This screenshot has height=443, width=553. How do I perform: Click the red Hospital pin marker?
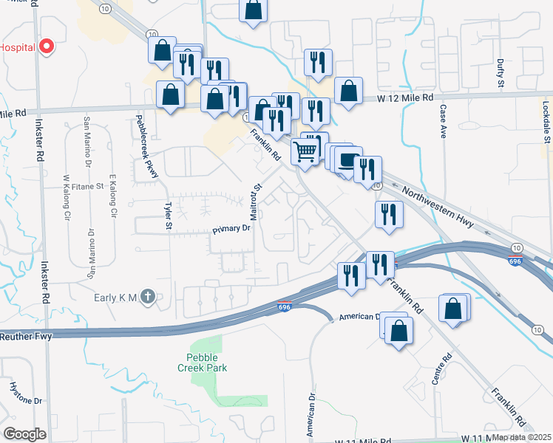coord(47,47)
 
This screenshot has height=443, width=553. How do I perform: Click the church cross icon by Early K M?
coord(147,297)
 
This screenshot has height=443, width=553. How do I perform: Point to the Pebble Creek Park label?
coord(201,362)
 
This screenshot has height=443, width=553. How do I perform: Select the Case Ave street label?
coord(444,121)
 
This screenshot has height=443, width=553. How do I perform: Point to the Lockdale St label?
coord(546,122)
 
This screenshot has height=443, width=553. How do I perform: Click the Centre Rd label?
coord(441,371)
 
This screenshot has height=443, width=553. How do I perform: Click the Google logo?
coord(24,433)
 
